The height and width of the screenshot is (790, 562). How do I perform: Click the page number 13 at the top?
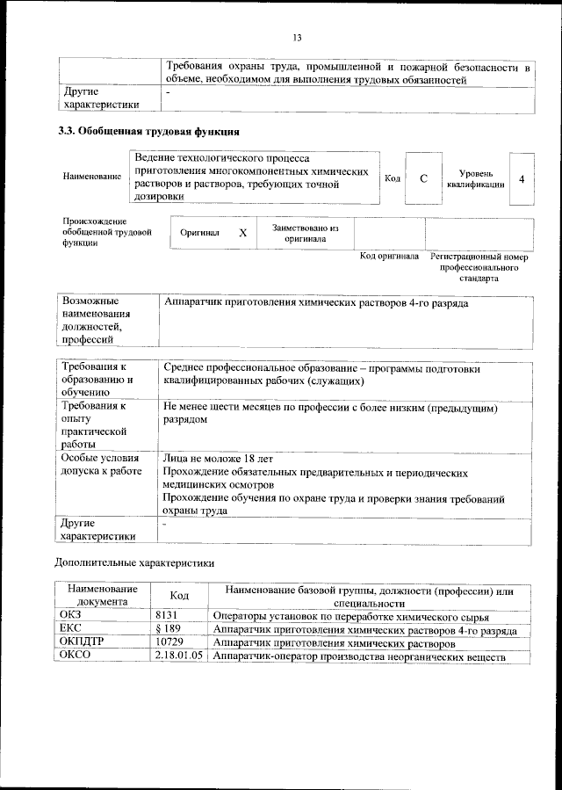pos(297,37)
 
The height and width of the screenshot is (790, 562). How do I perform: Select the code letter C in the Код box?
pos(424,178)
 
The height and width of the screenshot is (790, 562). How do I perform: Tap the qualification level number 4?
pos(522,178)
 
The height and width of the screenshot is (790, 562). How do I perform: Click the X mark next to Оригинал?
pos(243,233)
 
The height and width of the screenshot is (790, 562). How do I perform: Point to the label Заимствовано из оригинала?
pos(305,232)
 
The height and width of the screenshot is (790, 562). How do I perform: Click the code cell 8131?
pos(166,616)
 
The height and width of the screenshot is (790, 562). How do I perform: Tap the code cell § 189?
pos(168,630)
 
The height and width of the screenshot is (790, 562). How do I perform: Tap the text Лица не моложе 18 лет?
pos(219,459)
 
